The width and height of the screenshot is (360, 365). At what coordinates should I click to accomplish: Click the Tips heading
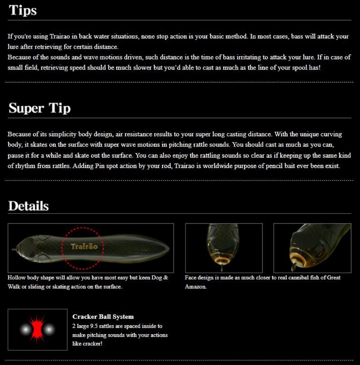pyautogui.click(x=23, y=10)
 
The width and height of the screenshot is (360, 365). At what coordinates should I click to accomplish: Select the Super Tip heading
pyautogui.click(x=39, y=108)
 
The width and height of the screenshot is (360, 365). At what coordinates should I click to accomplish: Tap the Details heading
pyautogui.click(x=28, y=206)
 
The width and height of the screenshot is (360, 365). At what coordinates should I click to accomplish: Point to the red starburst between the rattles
pyautogui.click(x=37, y=329)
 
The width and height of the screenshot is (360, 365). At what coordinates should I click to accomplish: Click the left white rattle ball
pyautogui.click(x=25, y=329)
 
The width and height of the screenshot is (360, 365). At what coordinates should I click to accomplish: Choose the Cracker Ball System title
pyautogui.click(x=103, y=317)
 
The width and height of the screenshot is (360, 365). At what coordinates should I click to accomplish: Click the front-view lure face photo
pyautogui.click(x=224, y=248)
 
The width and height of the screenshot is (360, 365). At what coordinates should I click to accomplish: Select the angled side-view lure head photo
pyautogui.click(x=312, y=248)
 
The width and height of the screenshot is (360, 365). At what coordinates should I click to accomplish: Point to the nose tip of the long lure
pyautogui.click(x=13, y=249)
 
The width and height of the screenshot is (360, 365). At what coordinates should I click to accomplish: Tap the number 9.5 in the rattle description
pyautogui.click(x=93, y=326)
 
